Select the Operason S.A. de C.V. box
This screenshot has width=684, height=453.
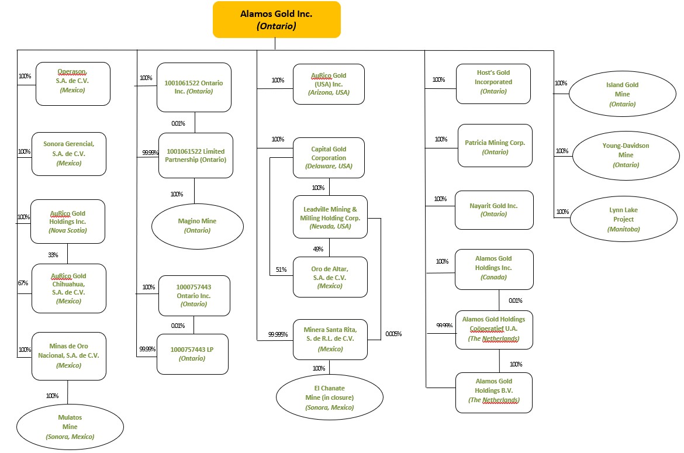[73, 84]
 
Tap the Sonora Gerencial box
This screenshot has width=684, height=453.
[68, 153]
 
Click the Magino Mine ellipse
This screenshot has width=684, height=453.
[197, 225]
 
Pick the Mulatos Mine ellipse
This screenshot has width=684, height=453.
[70, 427]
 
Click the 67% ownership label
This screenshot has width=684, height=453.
[23, 283]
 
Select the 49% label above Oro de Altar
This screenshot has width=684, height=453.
[318, 249]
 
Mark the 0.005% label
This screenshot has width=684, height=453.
[393, 334]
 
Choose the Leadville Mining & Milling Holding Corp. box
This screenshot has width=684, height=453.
[330, 217]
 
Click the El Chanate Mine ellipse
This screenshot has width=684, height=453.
[330, 397]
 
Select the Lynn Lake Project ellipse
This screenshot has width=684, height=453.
[623, 219]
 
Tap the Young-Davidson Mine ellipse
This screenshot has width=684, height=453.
[626, 155]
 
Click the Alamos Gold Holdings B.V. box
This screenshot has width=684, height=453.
[493, 392]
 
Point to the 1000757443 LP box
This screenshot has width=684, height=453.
[192, 354]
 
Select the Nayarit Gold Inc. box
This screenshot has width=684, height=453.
[493, 210]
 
